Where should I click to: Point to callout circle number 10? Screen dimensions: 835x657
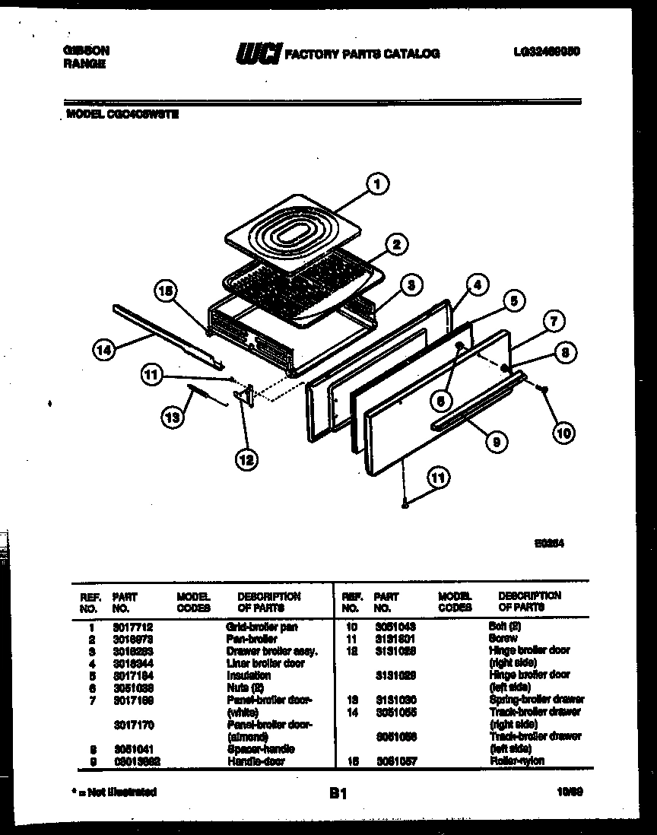(563, 433)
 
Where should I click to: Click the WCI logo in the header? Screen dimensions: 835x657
(259, 54)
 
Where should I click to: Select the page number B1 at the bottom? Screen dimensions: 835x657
(338, 793)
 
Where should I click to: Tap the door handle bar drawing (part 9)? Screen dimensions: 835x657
(475, 402)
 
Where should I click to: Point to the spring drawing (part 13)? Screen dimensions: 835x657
(207, 395)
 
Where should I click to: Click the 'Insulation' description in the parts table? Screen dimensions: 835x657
(249, 675)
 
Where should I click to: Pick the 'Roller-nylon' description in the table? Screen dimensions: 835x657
(517, 761)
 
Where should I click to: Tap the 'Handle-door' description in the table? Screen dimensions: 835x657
(255, 761)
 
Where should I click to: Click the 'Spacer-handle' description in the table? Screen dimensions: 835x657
(260, 749)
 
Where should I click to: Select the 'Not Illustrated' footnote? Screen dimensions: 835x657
(113, 792)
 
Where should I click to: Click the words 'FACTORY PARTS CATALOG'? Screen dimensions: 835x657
(361, 54)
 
